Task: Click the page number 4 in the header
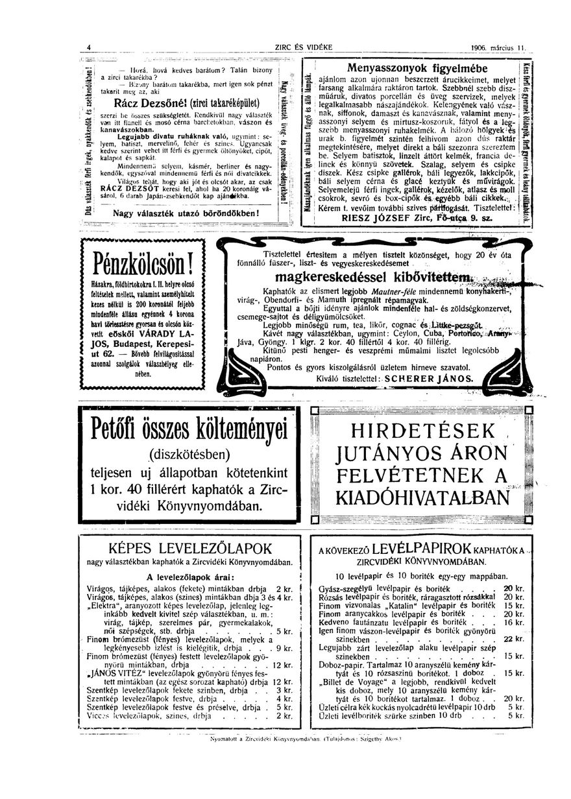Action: click(x=89, y=47)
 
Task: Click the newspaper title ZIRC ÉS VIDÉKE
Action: click(x=303, y=47)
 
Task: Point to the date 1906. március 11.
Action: click(x=500, y=47)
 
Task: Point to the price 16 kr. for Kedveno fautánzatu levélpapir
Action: click(x=514, y=621)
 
